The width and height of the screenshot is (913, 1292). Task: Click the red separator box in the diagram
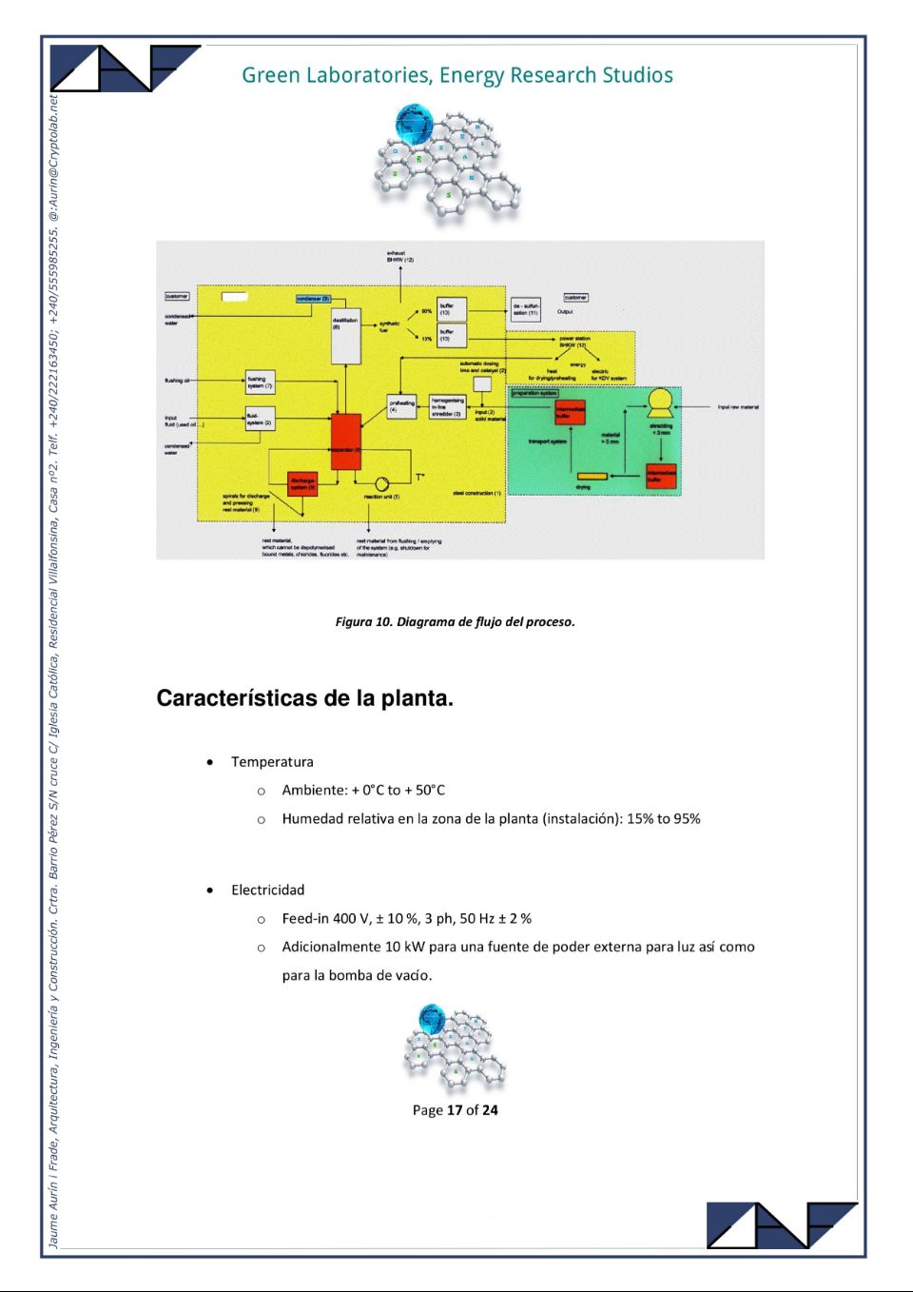345,440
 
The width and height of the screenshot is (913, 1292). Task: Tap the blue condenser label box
313,299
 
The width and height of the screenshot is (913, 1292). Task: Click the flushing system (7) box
260,383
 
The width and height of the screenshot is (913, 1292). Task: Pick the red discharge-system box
301,483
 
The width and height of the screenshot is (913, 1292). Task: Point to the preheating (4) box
401,406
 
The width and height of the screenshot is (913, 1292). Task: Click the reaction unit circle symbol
381,484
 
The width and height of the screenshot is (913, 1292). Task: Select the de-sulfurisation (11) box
526,309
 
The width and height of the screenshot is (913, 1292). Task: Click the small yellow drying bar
592,476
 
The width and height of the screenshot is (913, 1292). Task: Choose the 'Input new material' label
738,407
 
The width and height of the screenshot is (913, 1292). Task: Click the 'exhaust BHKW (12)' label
399,256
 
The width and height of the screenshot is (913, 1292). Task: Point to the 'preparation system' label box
534,393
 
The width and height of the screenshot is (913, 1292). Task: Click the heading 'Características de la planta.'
304,698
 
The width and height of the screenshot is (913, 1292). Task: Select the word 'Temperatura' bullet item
272,762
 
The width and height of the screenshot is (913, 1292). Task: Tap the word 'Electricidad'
267,891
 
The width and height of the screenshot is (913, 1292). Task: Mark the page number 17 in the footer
455,1110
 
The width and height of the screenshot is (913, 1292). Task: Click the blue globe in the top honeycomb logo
415,124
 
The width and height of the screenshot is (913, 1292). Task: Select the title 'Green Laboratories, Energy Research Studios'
456,75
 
